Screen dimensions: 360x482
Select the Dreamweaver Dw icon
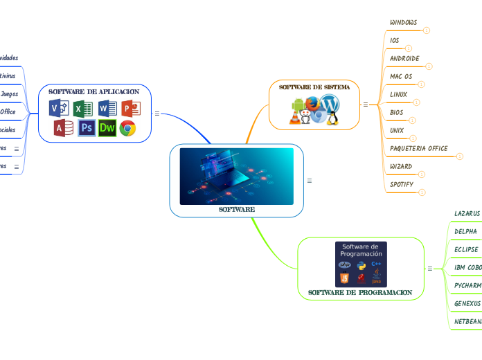coord(107,128)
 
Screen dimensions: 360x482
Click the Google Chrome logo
coord(127,128)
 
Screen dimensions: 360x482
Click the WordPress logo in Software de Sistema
coord(330,104)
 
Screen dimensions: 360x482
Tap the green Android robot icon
coord(299,106)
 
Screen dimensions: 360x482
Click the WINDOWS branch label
coord(403,23)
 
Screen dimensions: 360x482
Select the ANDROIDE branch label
coord(404,59)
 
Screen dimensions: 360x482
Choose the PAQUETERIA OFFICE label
coord(418,148)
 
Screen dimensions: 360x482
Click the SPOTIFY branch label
coord(402,185)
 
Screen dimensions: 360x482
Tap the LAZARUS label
coord(467,213)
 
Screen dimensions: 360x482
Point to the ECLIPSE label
coord(466,249)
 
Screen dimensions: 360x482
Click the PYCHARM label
coord(467,285)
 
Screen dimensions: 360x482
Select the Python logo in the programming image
coord(361,264)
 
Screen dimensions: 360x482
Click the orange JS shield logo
coord(344,278)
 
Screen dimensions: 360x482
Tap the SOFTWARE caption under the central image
coord(237,209)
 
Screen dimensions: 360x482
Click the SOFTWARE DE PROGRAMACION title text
coord(360,293)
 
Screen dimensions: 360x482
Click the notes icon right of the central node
coord(309,181)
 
